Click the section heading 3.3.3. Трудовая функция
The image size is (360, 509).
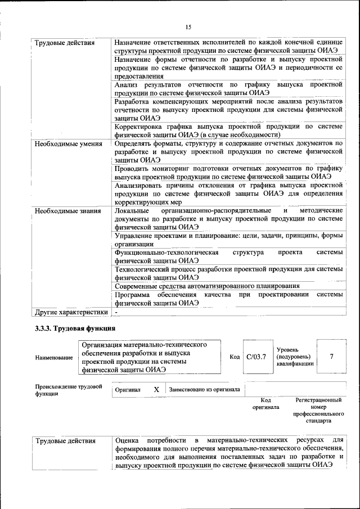tap(75, 328)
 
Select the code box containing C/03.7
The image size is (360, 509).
tap(256, 357)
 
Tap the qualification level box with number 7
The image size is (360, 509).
tap(331, 356)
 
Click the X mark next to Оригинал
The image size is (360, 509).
tap(156, 389)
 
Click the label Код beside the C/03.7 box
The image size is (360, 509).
tap(235, 357)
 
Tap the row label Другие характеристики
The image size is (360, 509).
tap(71, 312)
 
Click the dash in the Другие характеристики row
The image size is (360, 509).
tap(116, 312)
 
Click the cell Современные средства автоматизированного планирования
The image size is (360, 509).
tap(206, 286)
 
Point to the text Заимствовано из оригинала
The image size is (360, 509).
tap(204, 389)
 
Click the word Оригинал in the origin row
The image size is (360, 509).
tap(128, 389)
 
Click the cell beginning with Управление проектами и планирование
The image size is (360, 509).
tap(228, 240)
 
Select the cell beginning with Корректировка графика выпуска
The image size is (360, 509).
tap(228, 130)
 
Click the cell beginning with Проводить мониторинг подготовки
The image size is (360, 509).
tap(228, 172)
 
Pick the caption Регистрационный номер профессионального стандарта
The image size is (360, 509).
tap(318, 409)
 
